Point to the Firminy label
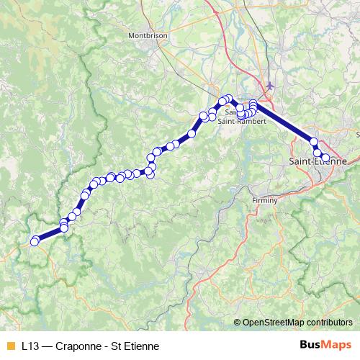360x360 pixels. click(264, 200)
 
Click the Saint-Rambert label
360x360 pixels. click(245, 121)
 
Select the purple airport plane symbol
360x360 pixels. click(270, 86)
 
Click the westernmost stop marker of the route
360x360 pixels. click(34, 242)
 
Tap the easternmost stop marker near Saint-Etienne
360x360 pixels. click(325, 158)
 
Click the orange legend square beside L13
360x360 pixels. click(9, 346)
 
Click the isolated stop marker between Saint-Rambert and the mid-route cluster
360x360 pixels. click(192, 132)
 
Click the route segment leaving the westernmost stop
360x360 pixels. click(49, 234)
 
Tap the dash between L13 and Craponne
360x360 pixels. click(48, 346)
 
